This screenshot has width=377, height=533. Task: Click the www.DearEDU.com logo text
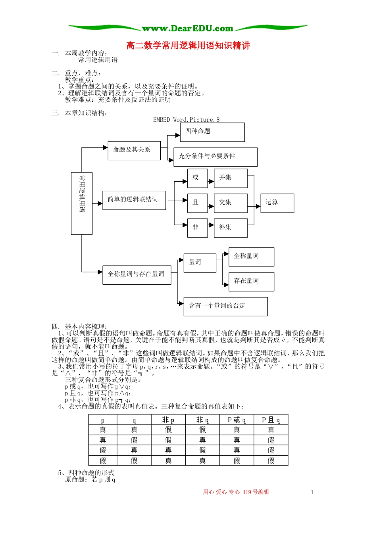(x=188, y=29)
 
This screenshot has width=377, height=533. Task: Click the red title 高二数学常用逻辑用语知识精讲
(x=188, y=46)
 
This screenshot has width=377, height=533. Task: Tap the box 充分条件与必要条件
(x=215, y=157)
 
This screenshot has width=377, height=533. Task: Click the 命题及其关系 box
(x=134, y=150)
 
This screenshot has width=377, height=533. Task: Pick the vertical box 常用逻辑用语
(x=82, y=203)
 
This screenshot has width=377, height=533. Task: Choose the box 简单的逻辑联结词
(x=134, y=200)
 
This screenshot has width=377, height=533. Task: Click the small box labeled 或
(x=197, y=178)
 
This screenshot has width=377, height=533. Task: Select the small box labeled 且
(x=197, y=203)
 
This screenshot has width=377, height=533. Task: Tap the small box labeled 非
(x=197, y=228)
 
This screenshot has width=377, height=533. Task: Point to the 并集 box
(x=231, y=178)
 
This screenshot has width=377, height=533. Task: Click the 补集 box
(x=231, y=228)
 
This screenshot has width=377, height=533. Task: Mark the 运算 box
(x=277, y=203)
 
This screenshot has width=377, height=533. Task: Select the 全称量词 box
(x=251, y=257)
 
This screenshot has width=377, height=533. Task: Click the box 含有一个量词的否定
(x=225, y=306)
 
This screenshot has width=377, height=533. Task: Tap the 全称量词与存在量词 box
(x=137, y=275)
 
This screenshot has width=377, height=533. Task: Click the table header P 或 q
(x=237, y=420)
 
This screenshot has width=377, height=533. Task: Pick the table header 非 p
(x=168, y=420)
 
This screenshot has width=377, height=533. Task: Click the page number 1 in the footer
(x=312, y=492)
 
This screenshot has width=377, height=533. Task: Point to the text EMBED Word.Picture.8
(x=186, y=120)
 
